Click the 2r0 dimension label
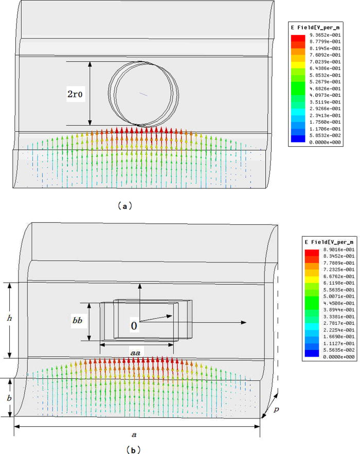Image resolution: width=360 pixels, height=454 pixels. (x=75, y=95)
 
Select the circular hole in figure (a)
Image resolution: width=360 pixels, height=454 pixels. (x=147, y=94)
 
